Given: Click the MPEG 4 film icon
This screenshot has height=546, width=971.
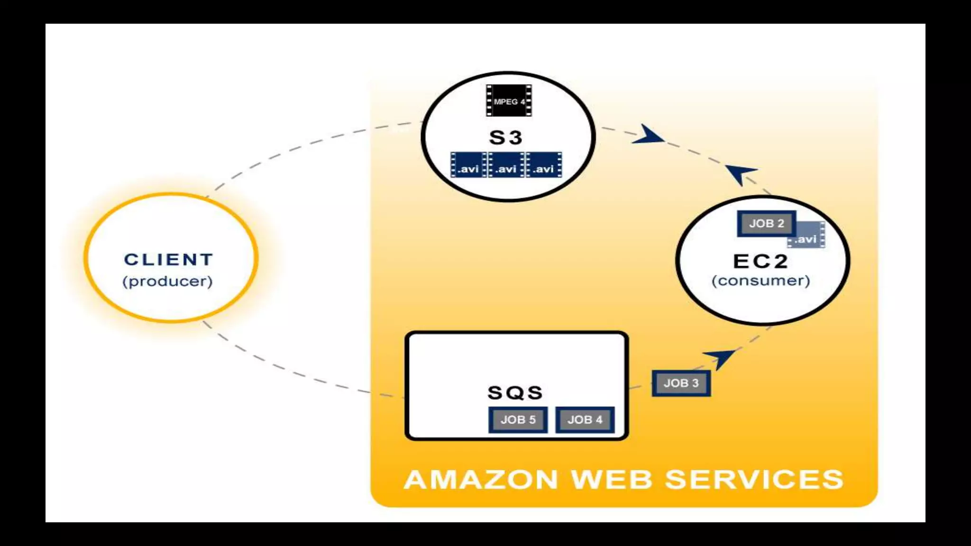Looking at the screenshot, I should pyautogui.click(x=509, y=100).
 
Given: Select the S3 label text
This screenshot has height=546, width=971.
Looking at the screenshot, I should pyautogui.click(x=505, y=137).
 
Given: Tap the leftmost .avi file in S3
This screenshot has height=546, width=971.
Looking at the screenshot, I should pyautogui.click(x=468, y=165).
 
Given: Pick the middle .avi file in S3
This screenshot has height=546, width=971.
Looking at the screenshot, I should pyautogui.click(x=506, y=165).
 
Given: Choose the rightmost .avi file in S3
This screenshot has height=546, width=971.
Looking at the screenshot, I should pyautogui.click(x=544, y=165).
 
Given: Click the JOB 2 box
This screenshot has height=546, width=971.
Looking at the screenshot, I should pyautogui.click(x=766, y=223).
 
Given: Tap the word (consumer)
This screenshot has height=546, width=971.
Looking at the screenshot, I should pyautogui.click(x=760, y=281).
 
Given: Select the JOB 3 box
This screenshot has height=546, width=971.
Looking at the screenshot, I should pyautogui.click(x=681, y=383).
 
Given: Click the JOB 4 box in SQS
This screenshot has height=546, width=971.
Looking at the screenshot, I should pyautogui.click(x=585, y=419).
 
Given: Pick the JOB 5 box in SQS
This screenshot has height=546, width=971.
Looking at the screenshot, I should pyautogui.click(x=518, y=419).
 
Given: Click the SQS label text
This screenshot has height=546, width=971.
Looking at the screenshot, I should pyautogui.click(x=515, y=392).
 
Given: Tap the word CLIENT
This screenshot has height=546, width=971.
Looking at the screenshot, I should pyautogui.click(x=168, y=260).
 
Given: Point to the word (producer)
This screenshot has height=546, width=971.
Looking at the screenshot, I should pyautogui.click(x=167, y=281).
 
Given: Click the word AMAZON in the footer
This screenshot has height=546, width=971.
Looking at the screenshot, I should pyautogui.click(x=481, y=479).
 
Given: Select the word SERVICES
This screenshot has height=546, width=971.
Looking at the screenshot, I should pyautogui.click(x=754, y=479).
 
